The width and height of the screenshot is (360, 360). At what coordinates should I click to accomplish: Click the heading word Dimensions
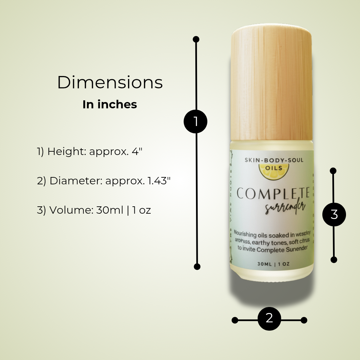[110, 82]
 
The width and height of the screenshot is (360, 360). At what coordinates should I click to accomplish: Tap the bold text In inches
[110, 105]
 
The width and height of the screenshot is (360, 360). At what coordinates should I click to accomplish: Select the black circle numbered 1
[196, 121]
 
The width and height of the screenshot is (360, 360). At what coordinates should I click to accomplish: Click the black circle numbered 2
[269, 318]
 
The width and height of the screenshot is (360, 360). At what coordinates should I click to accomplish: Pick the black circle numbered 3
[334, 215]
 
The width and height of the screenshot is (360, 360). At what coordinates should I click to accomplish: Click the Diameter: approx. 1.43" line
[104, 181]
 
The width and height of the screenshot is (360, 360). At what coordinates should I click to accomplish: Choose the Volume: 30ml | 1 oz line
[94, 210]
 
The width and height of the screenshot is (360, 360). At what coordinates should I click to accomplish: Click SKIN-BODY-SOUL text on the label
[274, 160]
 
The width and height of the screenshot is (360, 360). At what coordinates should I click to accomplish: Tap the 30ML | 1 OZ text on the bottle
[273, 264]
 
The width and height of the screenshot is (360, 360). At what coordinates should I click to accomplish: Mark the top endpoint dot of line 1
[196, 39]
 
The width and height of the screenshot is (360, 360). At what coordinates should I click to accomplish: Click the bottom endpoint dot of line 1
[197, 267]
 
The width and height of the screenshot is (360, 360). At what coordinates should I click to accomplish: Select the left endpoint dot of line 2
[235, 320]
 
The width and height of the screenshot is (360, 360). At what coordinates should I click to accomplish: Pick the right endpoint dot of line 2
[304, 320]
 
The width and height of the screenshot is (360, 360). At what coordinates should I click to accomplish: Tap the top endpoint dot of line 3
[333, 171]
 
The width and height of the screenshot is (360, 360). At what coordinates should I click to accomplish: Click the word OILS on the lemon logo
[274, 168]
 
